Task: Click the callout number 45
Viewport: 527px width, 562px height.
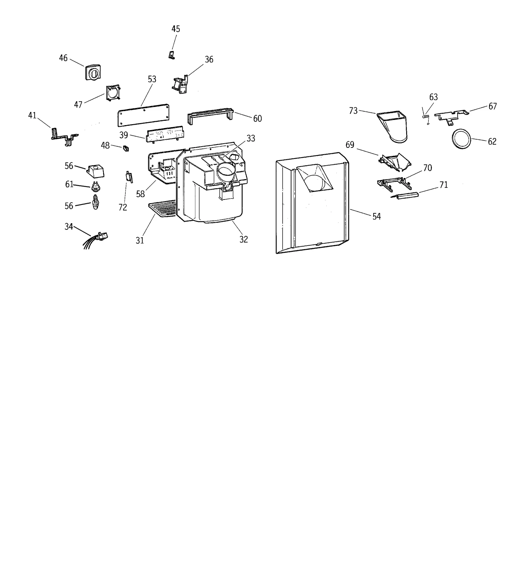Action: pos(176,29)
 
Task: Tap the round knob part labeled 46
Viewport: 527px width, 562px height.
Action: pos(93,72)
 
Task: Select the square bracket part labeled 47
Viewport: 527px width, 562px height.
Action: pos(113,93)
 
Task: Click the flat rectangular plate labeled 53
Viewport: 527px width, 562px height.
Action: pos(144,115)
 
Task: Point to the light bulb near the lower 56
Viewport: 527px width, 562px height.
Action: pos(96,202)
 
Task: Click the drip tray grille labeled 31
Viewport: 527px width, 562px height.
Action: pos(163,209)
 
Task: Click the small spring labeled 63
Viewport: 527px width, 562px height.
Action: pos(426,116)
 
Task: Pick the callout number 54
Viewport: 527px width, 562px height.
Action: pos(376,216)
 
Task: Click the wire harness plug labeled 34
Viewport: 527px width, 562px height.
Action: pos(102,236)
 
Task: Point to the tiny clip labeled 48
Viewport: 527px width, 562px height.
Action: pos(126,148)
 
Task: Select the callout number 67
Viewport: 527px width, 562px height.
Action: pos(492,106)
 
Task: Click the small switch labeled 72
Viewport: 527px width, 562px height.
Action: pos(129,177)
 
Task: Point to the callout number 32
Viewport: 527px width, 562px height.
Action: pos(243,239)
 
